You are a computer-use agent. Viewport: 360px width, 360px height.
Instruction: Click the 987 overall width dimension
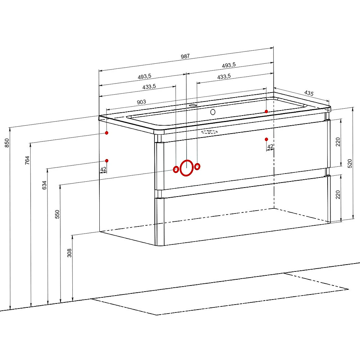[185, 56]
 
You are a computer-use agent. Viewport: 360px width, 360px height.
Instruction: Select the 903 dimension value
[141, 102]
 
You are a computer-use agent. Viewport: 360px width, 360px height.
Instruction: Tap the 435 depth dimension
[309, 93]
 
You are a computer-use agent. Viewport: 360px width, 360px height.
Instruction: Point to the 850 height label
[7, 143]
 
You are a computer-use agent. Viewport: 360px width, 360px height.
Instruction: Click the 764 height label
[27, 160]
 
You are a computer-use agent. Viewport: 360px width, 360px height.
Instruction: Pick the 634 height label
[44, 185]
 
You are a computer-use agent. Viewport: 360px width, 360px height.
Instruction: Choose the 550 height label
[57, 214]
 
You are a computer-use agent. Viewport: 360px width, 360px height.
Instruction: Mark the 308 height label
[69, 253]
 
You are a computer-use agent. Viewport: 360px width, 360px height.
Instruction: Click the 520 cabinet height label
[350, 163]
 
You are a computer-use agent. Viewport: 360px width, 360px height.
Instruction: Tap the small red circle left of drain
[176, 170]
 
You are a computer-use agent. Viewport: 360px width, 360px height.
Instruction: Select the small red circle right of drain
[197, 166]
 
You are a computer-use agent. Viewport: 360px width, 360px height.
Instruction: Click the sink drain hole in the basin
[213, 112]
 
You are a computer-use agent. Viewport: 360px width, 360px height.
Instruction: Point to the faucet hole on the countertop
[193, 105]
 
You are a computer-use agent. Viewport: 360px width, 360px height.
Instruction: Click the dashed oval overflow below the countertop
[209, 132]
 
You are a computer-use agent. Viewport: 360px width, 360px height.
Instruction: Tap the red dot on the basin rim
[266, 111]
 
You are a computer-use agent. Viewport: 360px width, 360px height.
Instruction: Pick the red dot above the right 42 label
[266, 139]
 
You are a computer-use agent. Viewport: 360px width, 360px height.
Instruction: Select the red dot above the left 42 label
[107, 161]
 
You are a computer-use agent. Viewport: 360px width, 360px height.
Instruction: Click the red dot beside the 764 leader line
[107, 133]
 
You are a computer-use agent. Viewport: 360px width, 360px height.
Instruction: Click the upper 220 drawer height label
[338, 142]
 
